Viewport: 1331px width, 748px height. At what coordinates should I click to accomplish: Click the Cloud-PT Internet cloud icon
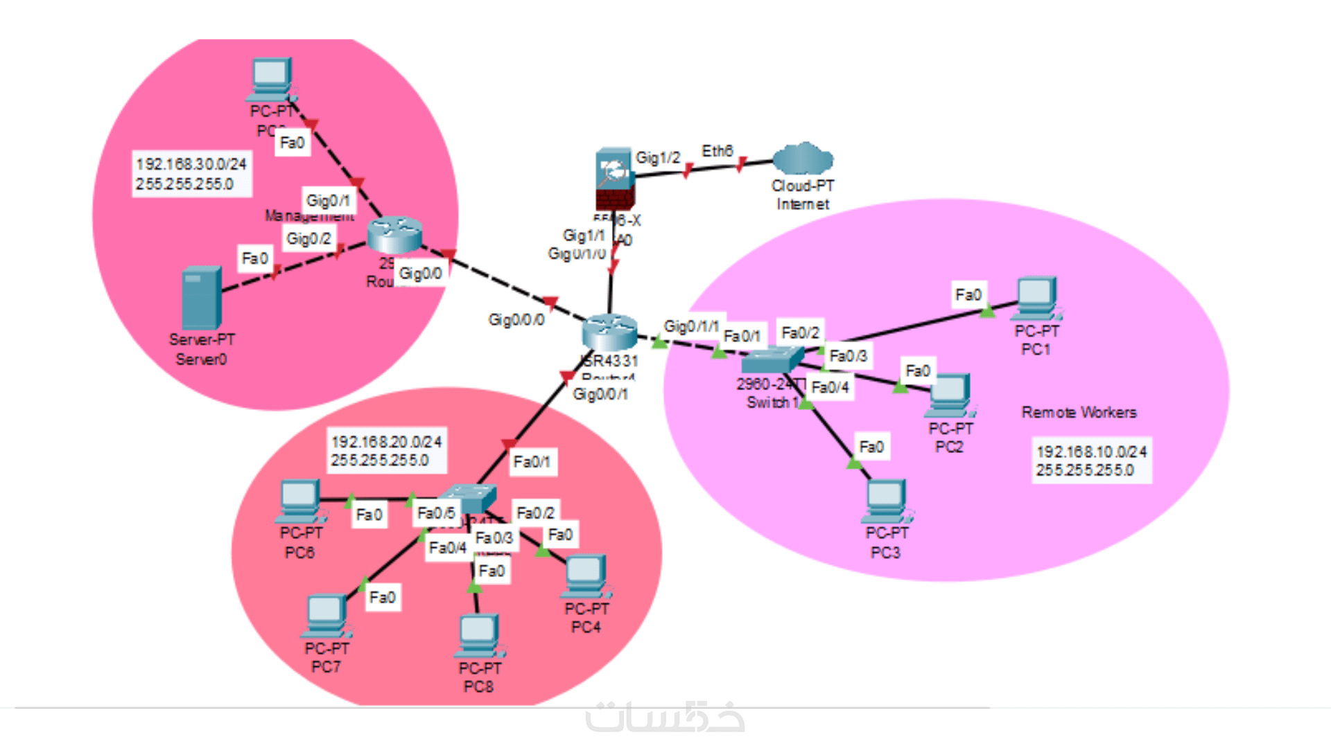[803, 159]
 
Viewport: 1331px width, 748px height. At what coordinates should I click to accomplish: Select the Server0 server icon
[201, 298]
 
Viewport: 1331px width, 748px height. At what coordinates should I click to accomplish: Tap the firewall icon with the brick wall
[614, 178]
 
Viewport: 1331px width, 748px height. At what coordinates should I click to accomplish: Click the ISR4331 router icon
[609, 332]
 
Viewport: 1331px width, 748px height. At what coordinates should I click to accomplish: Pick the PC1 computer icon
[1037, 298]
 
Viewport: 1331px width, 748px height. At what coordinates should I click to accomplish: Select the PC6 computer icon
[300, 500]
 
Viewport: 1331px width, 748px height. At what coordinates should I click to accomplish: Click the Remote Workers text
[1079, 413]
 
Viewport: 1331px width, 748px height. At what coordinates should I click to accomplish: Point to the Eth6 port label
[717, 151]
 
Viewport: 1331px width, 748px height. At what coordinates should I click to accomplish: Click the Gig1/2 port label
[658, 158]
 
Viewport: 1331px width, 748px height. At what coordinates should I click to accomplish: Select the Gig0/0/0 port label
[516, 319]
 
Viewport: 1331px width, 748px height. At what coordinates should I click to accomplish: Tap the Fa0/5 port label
[436, 513]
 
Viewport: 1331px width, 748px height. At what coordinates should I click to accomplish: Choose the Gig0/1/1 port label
[691, 326]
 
